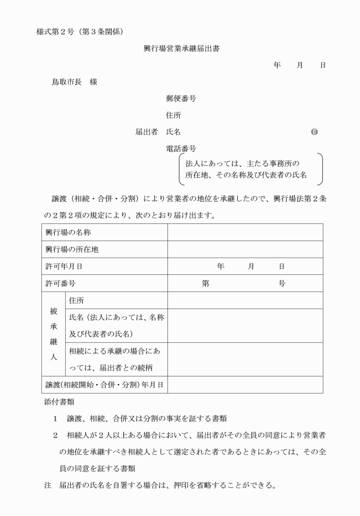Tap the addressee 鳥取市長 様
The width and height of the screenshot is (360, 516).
click(74, 82)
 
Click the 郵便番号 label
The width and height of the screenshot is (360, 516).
click(181, 99)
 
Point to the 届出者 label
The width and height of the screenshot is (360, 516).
click(146, 132)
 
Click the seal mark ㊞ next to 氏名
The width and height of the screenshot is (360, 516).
click(314, 132)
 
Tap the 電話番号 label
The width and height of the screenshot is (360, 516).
click(181, 149)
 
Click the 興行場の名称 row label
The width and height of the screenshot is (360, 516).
click(68, 233)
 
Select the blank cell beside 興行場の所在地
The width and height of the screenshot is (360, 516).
click(245, 250)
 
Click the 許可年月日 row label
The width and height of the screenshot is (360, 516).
click(64, 266)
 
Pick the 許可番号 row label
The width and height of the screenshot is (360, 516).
click(61, 283)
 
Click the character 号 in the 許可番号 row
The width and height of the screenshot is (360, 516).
click(282, 283)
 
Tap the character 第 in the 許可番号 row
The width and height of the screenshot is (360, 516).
click(205, 283)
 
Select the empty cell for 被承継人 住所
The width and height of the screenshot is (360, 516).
click(245, 300)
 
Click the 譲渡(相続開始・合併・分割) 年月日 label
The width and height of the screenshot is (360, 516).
click(105, 385)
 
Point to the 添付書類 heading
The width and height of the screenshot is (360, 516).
click(59, 402)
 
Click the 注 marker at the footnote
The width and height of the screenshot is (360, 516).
click(48, 487)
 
